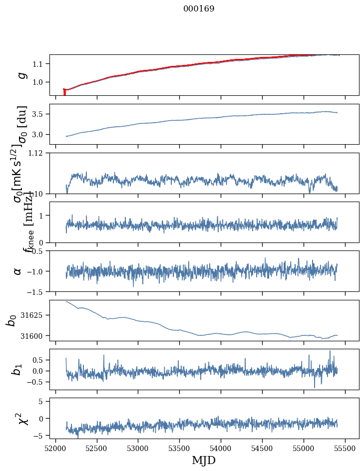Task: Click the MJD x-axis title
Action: (x=204, y=460)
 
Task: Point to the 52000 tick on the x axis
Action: (x=55, y=448)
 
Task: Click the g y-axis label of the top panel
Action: (x=21, y=75)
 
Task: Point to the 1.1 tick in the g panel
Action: (x=40, y=64)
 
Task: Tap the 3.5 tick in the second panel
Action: (x=40, y=114)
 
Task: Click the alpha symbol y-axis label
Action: (x=18, y=271)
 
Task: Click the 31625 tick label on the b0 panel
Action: (x=35, y=315)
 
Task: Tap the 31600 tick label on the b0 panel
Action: (x=35, y=336)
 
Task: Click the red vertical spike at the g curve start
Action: (x=64, y=92)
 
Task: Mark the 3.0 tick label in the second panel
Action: (x=40, y=135)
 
